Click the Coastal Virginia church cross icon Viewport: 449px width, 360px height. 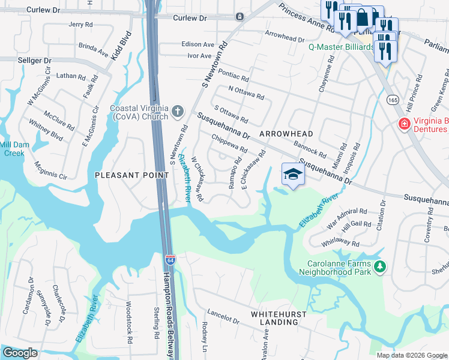(x=176, y=110)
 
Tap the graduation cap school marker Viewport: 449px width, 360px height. (x=292, y=175)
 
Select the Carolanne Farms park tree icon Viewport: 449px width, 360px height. (x=379, y=266)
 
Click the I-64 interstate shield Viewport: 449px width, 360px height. (x=170, y=260)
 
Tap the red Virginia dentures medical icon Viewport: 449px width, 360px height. (x=405, y=124)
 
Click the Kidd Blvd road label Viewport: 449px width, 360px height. (x=121, y=46)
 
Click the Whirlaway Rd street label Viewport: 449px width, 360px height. (x=340, y=241)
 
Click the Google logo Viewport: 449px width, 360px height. (x=20, y=353)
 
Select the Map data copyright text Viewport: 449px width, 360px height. (x=411, y=355)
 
